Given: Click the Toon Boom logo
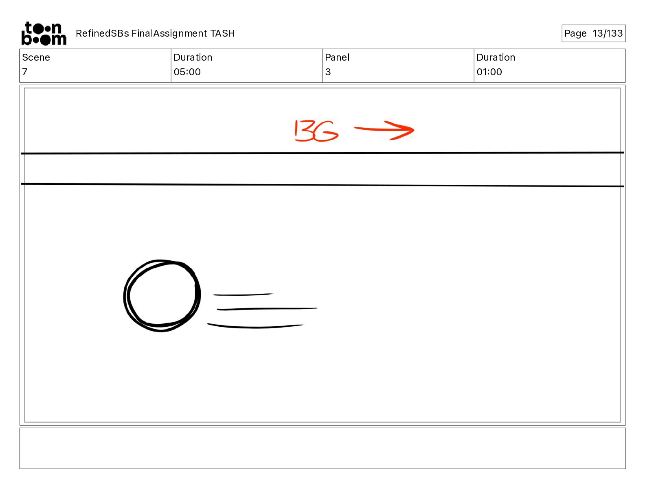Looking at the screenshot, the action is point(44,33).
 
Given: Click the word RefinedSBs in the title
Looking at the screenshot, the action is point(102,33).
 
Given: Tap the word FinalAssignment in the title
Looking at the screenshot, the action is point(169,33).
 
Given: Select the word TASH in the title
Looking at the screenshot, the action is point(222,33).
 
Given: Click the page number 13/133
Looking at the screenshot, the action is point(607,33).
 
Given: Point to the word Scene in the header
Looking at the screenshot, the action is point(36,57).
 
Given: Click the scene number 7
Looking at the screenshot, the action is point(25,72).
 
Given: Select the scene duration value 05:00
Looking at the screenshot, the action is point(187,72).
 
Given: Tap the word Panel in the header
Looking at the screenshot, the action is point(337,57).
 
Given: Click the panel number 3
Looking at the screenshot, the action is point(328,72).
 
